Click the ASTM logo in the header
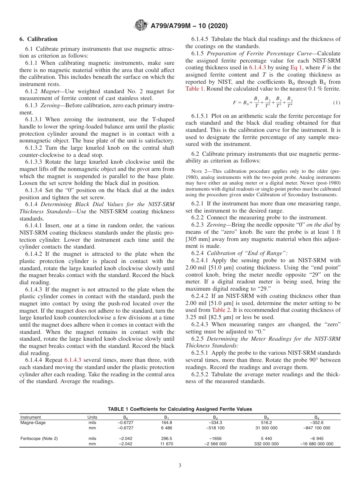coord(141,26)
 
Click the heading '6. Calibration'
coord(38,39)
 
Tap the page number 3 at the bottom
coord(180,466)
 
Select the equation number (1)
coord(336,103)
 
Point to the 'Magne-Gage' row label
coord(31,423)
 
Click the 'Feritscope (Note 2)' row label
coord(39,438)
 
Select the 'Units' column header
coord(92,417)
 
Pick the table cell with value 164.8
coord(167,423)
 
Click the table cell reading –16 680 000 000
coord(317,444)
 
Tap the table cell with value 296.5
coord(167,438)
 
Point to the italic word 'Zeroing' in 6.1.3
coord(50,106)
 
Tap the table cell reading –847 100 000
coord(317,428)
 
